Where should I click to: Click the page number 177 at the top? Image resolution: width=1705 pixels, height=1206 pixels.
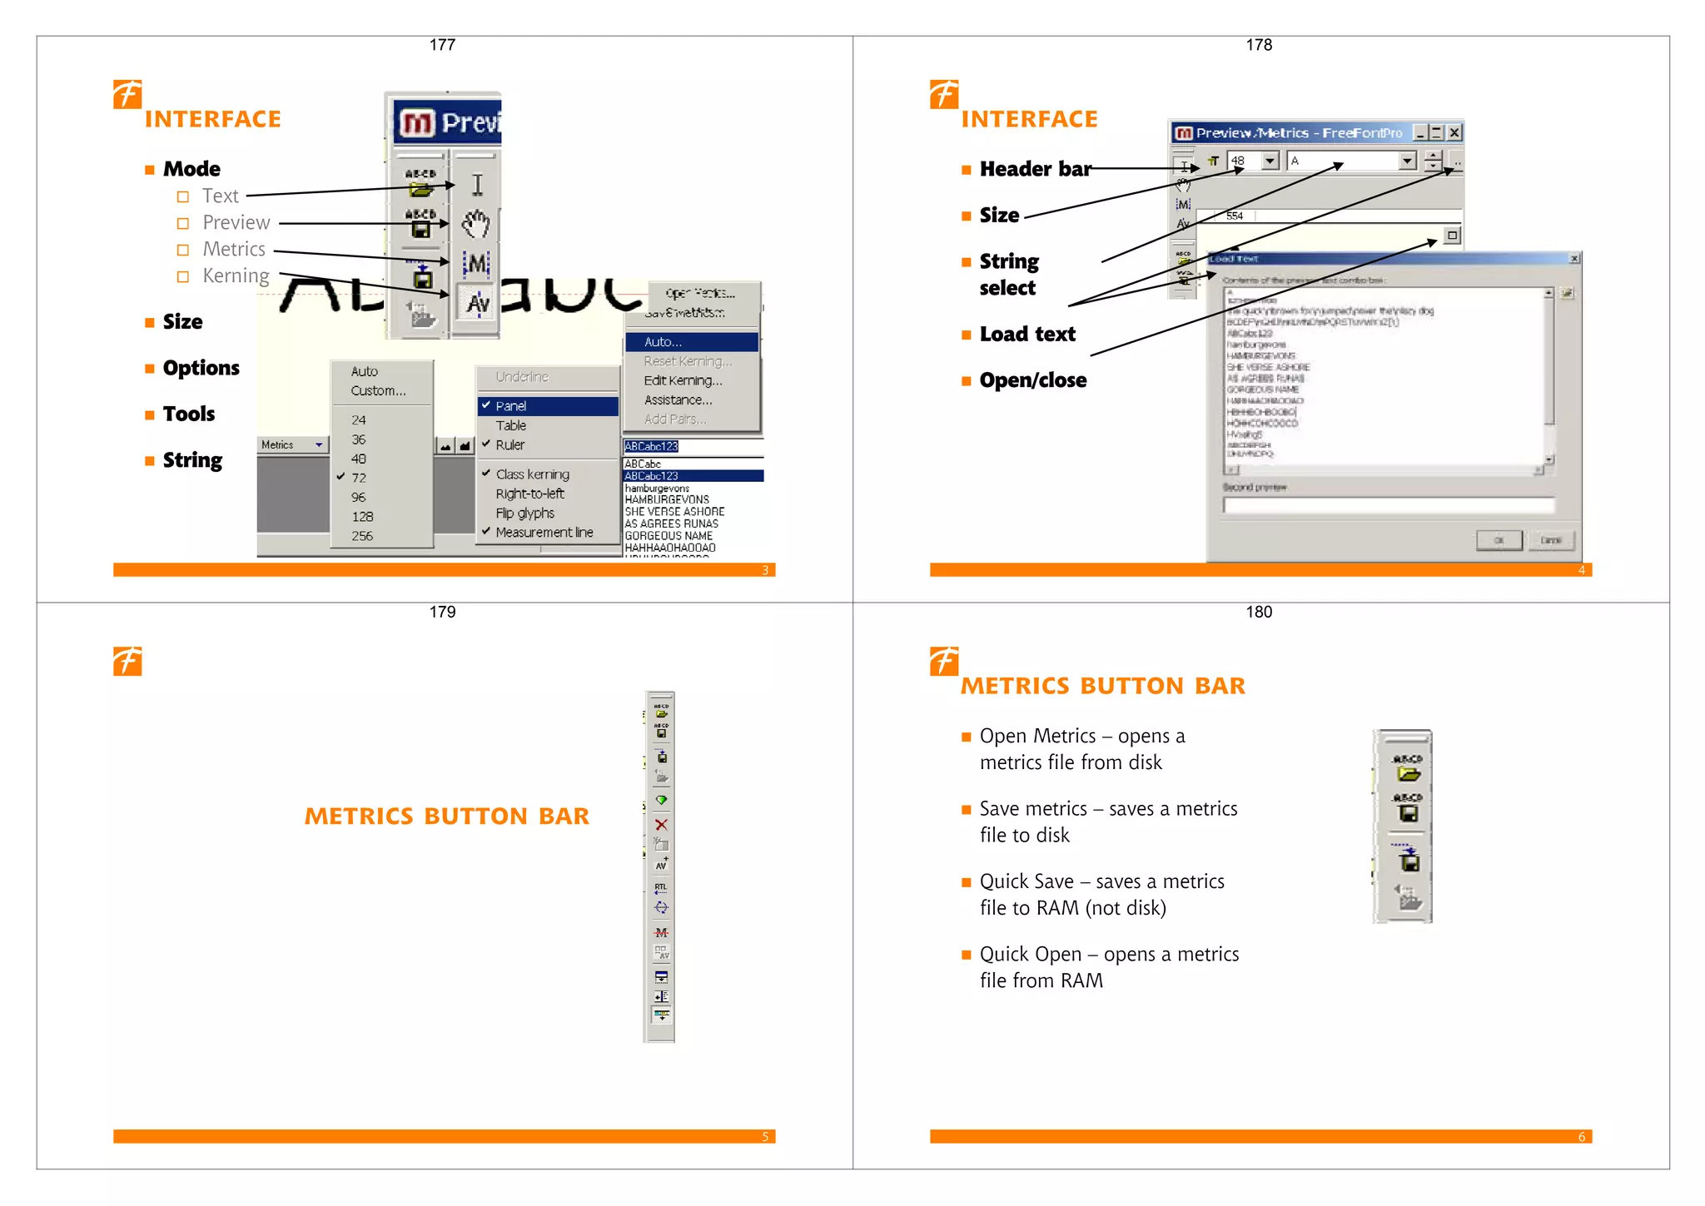coord(442,45)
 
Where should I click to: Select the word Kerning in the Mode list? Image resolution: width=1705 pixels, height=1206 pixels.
coord(236,275)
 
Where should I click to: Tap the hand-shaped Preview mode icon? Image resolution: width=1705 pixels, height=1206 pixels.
coord(476,223)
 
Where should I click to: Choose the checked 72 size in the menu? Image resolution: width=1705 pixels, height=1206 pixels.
coord(359,478)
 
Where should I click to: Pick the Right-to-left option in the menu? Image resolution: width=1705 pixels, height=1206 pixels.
coord(529,494)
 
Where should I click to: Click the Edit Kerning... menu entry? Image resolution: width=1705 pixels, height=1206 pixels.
coord(683,380)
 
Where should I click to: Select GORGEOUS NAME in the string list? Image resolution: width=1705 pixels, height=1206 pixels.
coord(669,536)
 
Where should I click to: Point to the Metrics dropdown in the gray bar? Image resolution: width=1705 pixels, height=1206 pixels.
coord(291,445)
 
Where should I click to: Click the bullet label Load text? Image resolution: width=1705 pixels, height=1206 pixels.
coord(1027,335)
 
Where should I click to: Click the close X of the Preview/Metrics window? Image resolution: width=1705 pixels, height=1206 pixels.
coord(1454,132)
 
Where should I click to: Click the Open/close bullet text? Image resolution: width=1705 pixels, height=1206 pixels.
coord(1033,380)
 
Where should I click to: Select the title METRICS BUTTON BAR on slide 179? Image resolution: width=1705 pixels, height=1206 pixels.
coord(446,816)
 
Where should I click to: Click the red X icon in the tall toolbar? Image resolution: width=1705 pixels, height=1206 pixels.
coord(661,825)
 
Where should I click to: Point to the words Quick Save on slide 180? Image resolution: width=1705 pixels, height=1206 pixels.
coord(1026,881)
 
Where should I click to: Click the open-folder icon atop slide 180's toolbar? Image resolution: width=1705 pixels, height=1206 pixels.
coord(1408,773)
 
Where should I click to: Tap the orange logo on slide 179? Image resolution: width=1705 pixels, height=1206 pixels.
coord(127,662)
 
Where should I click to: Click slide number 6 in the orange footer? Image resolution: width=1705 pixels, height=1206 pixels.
coord(1581,1137)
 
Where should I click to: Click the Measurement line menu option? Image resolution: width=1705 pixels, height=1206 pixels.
coord(544,533)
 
